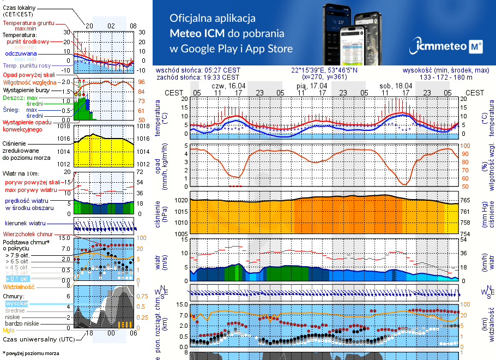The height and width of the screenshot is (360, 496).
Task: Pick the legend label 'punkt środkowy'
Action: pos(28,41)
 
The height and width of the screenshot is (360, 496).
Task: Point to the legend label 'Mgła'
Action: pos(9,329)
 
